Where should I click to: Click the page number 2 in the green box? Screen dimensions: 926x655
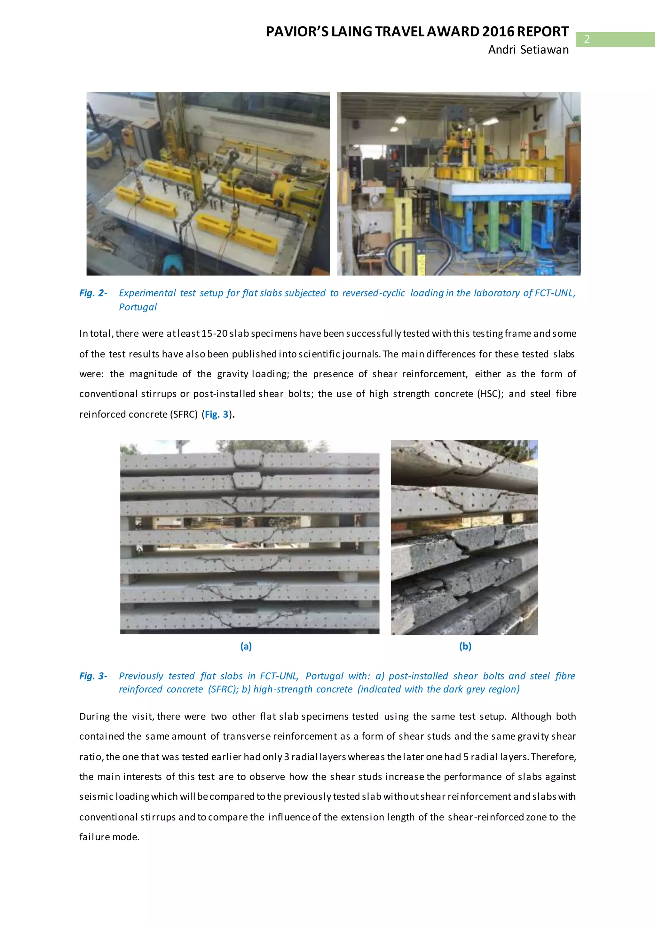[x=587, y=39]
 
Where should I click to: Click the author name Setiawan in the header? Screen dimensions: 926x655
[x=544, y=50]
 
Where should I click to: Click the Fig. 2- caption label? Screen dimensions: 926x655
[x=93, y=293]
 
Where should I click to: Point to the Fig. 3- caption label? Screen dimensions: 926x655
[x=93, y=676]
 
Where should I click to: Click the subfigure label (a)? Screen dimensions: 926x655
[x=246, y=647]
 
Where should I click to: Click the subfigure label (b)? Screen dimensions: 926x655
[x=465, y=647]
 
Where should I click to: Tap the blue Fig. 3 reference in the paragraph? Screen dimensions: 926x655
[x=217, y=414]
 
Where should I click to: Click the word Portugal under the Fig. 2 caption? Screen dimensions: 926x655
[x=138, y=307]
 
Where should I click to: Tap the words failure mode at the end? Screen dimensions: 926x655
[x=109, y=837]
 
